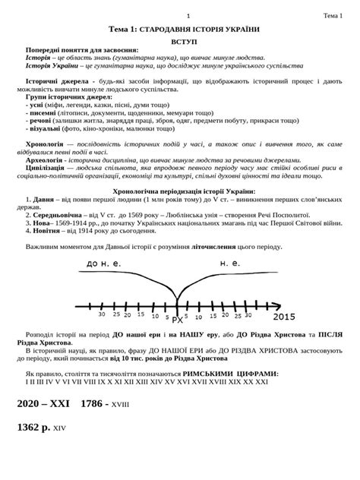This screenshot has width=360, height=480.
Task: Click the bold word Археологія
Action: pyautogui.click(x=47, y=160)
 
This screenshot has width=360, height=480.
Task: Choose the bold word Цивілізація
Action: pyautogui.click(x=49, y=168)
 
